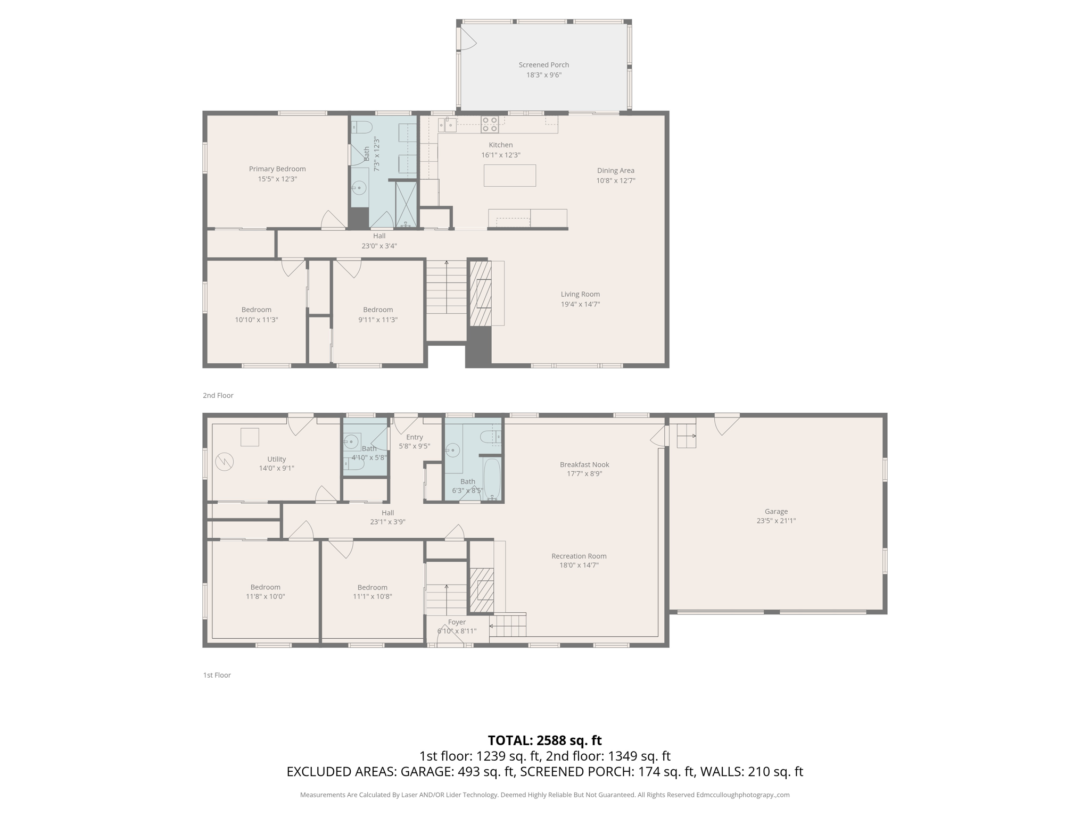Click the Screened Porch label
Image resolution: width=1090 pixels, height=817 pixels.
pyautogui.click(x=543, y=65)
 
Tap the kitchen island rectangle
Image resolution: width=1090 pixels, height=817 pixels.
pyautogui.click(x=509, y=176)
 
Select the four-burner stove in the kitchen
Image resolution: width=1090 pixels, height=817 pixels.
pyautogui.click(x=490, y=124)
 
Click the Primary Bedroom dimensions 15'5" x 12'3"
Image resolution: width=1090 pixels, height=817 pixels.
pyautogui.click(x=277, y=179)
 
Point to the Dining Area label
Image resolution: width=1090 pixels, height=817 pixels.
pyautogui.click(x=615, y=171)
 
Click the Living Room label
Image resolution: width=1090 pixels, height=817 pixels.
pyautogui.click(x=580, y=294)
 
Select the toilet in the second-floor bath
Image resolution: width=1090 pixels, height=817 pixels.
pyautogui.click(x=362, y=127)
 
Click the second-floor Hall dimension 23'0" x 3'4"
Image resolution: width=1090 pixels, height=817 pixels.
pyautogui.click(x=379, y=246)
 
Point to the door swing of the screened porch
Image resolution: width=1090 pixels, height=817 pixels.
pyautogui.click(x=467, y=39)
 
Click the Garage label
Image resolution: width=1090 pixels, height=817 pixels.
pyautogui.click(x=776, y=512)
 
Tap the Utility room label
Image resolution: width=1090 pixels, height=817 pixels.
pyautogui.click(x=276, y=459)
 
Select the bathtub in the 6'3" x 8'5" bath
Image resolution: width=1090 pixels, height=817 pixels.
pyautogui.click(x=492, y=478)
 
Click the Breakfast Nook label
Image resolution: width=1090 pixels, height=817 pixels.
pyautogui.click(x=584, y=464)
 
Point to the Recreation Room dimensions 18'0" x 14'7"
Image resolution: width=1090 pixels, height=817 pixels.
pyautogui.click(x=579, y=565)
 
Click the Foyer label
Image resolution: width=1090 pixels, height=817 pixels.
pyautogui.click(x=457, y=622)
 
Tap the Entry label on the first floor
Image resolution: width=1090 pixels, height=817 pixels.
pyautogui.click(x=414, y=437)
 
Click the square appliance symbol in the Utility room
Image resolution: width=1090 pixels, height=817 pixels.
pyautogui.click(x=250, y=437)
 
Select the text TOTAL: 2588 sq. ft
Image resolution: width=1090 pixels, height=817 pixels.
pyautogui.click(x=544, y=740)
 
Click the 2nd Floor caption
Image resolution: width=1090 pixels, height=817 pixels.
pyautogui.click(x=218, y=395)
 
